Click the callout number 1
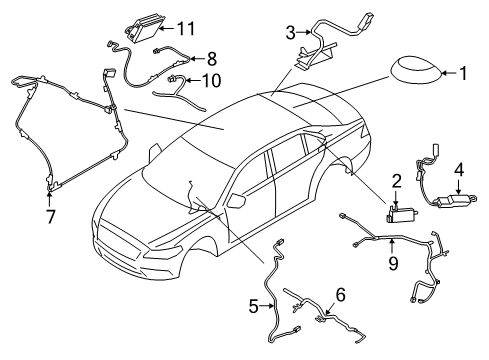coord(463,72)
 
